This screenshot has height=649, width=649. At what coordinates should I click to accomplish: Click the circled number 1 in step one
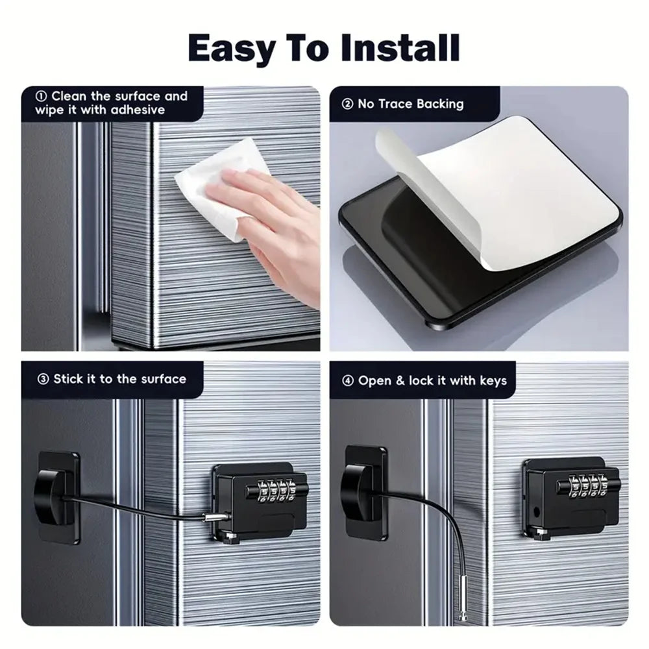42,96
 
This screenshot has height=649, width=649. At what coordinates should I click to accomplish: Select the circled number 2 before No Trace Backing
347,104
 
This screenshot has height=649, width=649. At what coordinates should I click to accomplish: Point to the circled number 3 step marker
43,379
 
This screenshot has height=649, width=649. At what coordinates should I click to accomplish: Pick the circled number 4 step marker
348,381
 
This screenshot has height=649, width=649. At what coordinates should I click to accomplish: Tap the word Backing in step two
440,104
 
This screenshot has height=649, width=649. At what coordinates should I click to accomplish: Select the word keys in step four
493,381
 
